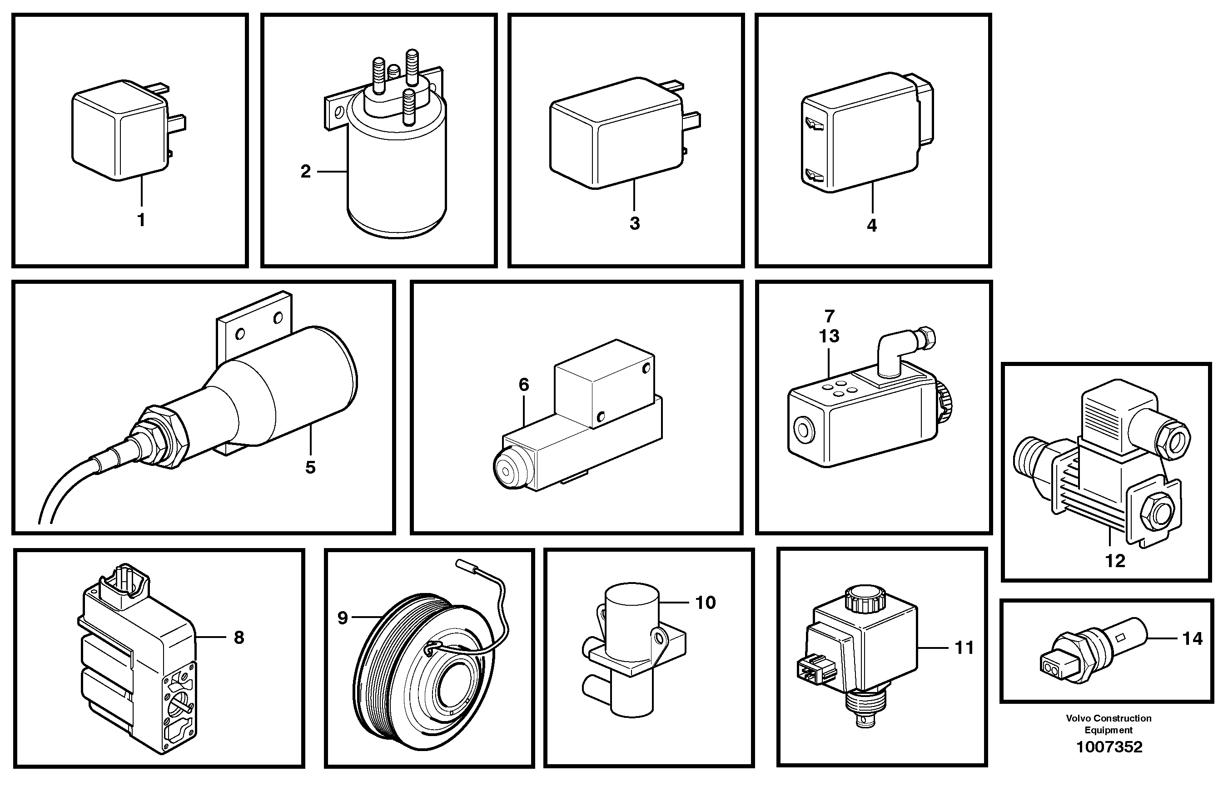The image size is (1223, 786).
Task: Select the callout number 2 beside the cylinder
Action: [305, 172]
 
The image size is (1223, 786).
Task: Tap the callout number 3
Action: [634, 223]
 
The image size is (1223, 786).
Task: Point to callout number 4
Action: [872, 226]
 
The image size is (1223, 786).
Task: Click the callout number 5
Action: [310, 468]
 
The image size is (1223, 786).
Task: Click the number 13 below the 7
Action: [829, 336]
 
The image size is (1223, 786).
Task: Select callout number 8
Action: [239, 638]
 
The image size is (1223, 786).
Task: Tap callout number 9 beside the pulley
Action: [343, 618]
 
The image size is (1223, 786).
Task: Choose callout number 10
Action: [705, 603]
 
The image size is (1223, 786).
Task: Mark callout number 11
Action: [964, 648]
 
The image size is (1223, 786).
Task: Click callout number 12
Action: [1115, 561]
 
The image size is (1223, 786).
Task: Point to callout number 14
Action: [1193, 638]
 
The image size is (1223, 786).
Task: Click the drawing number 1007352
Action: [1109, 747]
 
